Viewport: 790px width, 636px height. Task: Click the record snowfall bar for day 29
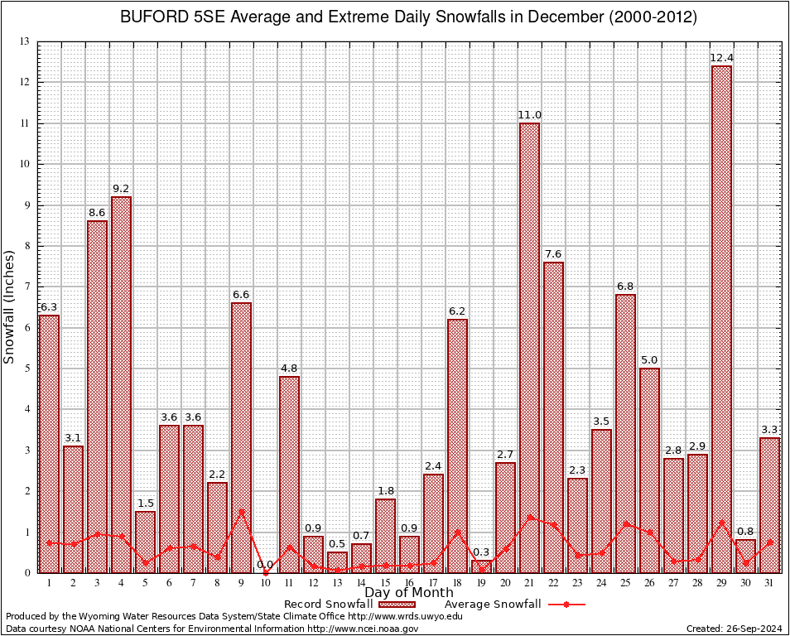tap(721, 319)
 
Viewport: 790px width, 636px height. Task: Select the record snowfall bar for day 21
tap(529, 348)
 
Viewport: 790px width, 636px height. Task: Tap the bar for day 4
tap(121, 384)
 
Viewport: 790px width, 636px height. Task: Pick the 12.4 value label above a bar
tap(721, 57)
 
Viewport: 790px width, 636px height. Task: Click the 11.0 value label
tap(529, 115)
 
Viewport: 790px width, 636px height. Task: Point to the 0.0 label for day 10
tap(265, 564)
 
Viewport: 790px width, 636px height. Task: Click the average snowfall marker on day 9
tap(241, 511)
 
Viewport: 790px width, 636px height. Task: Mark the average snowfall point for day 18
tap(457, 532)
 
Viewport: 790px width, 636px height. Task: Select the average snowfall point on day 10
tap(265, 572)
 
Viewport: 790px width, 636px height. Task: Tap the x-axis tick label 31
tap(769, 583)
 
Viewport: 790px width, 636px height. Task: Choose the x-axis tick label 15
tap(385, 583)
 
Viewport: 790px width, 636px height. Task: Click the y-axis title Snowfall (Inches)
tap(9, 306)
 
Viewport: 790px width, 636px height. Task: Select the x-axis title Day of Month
tap(408, 593)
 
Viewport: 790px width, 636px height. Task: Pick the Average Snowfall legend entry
tap(492, 605)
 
